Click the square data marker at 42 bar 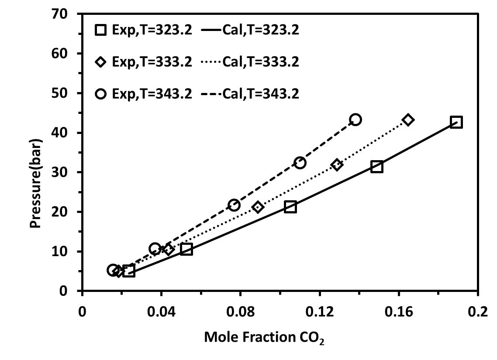(456, 122)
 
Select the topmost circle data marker (355, 120)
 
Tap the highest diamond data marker (408, 120)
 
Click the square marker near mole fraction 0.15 (377, 167)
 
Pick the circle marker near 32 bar (300, 163)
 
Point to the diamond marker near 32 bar (337, 165)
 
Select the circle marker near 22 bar (234, 205)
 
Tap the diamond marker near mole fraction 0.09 (258, 207)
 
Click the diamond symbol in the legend (101, 62)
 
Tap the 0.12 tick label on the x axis (320, 312)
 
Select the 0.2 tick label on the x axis (478, 312)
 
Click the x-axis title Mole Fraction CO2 (264, 337)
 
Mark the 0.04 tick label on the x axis (161, 312)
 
